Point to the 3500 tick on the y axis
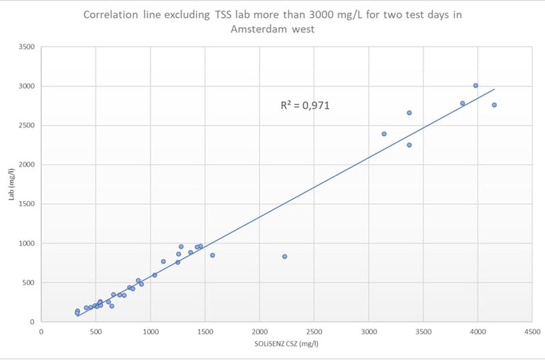[27, 47]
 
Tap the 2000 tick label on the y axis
[27, 165]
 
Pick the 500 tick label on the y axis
[29, 283]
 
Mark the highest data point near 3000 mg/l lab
[475, 85]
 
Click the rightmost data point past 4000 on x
[494, 105]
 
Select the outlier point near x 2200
[285, 256]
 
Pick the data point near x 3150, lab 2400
[384, 133]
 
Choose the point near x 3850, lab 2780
[463, 103]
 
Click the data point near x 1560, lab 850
[211, 255]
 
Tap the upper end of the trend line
[494, 89]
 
